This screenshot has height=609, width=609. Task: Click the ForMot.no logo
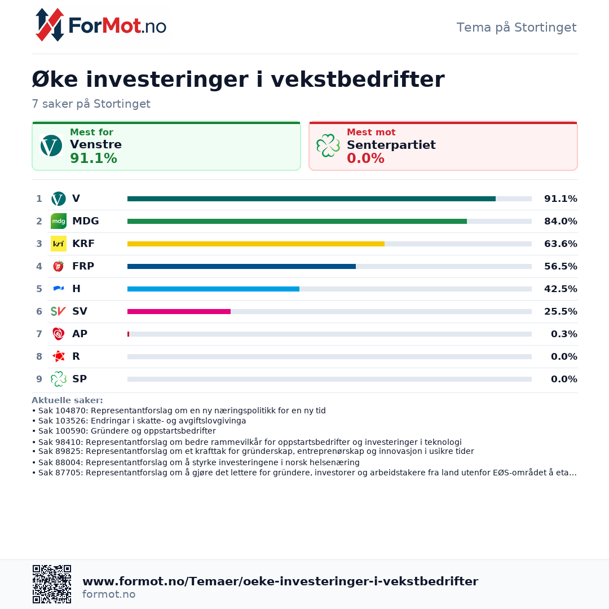point(101,25)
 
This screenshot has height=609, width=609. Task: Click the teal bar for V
point(311,198)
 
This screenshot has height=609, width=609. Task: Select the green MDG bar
point(297,221)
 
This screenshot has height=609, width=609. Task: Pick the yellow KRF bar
point(256,244)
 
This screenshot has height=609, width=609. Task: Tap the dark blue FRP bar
point(241,266)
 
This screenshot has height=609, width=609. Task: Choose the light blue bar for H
point(213,289)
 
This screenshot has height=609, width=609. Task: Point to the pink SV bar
point(179,311)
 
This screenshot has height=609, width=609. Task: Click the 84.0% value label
point(561,221)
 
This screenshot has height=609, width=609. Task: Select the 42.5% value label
point(561,289)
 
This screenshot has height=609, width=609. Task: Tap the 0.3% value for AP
point(564,334)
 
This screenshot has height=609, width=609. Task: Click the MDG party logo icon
point(59,221)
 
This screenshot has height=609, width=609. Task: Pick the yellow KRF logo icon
point(59,244)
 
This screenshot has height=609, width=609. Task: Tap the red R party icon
point(59,356)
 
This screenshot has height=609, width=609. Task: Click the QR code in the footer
point(52,584)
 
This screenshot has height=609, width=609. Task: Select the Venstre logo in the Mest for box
point(51,145)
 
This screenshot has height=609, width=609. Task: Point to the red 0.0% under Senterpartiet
point(365,158)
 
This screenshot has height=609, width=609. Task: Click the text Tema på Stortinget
point(516,28)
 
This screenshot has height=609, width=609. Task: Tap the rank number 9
point(39,379)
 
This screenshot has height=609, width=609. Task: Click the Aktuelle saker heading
point(67,400)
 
